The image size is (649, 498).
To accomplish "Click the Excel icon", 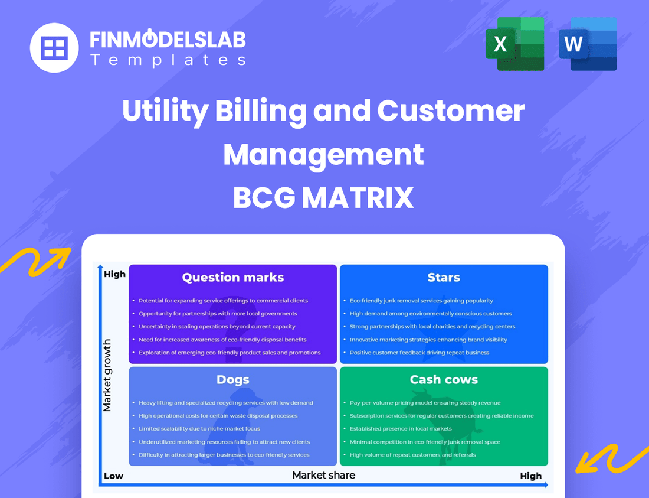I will (514, 44).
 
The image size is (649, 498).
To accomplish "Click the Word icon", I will (588, 44).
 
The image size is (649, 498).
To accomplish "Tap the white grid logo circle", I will (55, 48).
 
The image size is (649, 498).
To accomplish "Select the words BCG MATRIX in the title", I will (323, 198).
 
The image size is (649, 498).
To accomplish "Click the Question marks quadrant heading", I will (233, 278).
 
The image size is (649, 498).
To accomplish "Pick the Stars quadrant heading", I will (444, 278).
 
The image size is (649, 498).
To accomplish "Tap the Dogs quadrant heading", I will (233, 380).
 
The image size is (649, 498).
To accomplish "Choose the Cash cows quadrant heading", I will (444, 380).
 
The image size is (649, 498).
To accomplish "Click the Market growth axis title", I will (107, 375).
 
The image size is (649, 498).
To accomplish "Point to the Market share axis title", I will (324, 475).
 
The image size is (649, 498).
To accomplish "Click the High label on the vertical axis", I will (114, 274).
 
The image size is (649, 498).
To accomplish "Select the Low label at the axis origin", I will (113, 476).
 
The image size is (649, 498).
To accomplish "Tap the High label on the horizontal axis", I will (530, 476).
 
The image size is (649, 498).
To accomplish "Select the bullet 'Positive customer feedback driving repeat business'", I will (419, 353).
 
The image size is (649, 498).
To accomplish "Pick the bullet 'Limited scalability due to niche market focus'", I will (199, 429).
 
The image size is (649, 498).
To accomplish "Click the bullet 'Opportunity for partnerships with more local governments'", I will (218, 314).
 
